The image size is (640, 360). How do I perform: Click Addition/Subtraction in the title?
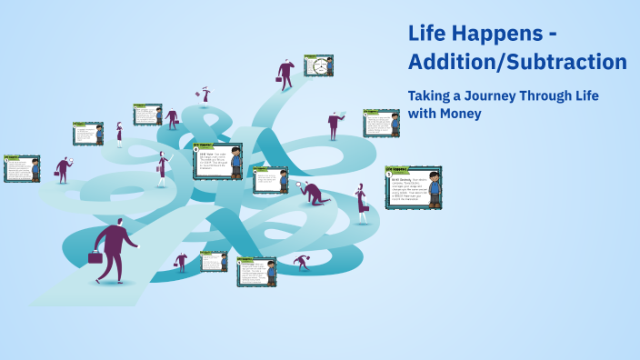[517, 63]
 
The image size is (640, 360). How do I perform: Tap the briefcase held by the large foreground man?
[95, 257]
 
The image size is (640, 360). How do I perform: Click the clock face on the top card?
[319, 65]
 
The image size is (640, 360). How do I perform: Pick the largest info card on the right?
[413, 187]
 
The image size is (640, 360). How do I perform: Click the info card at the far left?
[22, 168]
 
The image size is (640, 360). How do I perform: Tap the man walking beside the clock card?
[286, 73]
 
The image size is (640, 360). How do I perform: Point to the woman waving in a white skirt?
[163, 169]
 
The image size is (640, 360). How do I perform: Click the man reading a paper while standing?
[335, 125]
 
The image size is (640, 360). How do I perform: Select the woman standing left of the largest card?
[362, 202]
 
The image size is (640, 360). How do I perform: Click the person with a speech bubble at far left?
[62, 168]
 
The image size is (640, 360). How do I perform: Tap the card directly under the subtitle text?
[381, 123]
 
